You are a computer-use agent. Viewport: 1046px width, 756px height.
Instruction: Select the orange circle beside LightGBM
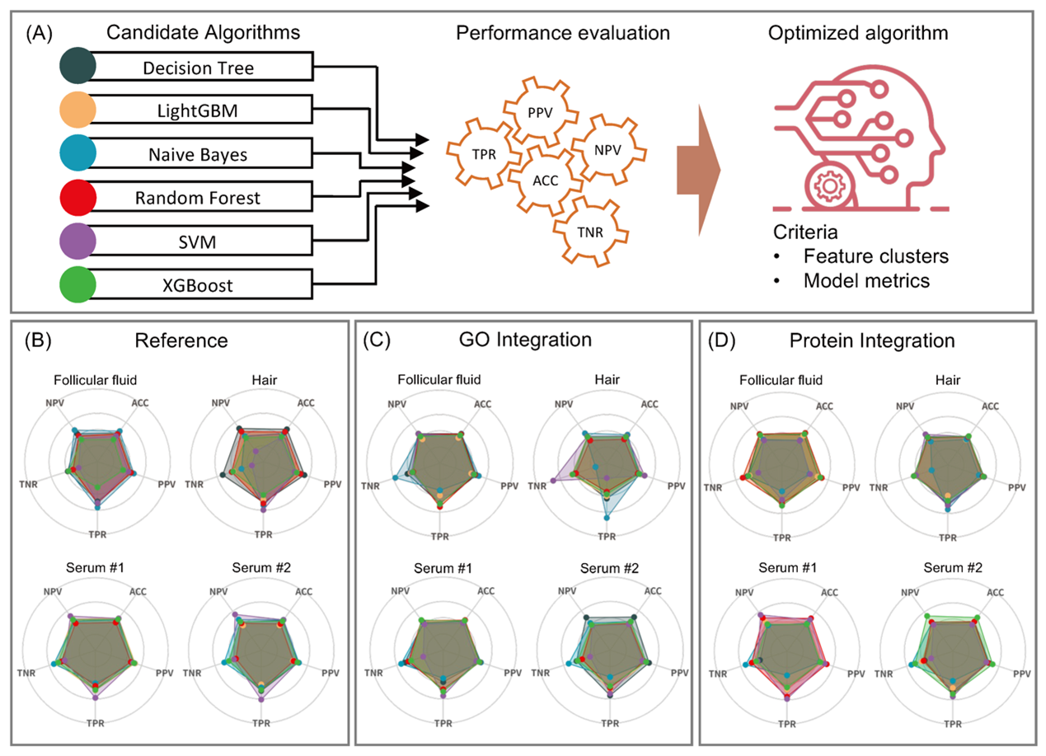click(x=78, y=110)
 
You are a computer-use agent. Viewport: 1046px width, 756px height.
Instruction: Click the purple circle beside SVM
click(x=78, y=242)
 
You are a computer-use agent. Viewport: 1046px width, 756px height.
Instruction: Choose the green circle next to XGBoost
click(x=78, y=286)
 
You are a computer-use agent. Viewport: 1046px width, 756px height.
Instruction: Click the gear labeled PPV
click(x=536, y=109)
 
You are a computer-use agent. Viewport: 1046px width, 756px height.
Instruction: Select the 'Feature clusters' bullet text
click(x=875, y=256)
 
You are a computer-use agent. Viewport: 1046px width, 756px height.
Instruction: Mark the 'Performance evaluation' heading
click(x=564, y=34)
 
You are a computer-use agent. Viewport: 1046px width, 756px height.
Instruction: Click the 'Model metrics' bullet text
click(x=866, y=280)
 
